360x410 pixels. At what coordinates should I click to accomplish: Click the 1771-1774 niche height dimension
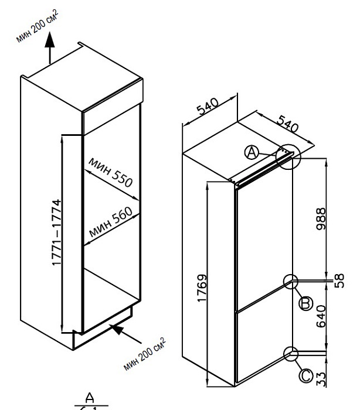tap(57, 234)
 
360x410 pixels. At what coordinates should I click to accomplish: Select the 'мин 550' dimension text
tap(111, 171)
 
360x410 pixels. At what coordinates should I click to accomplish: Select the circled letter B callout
tap(304, 303)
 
